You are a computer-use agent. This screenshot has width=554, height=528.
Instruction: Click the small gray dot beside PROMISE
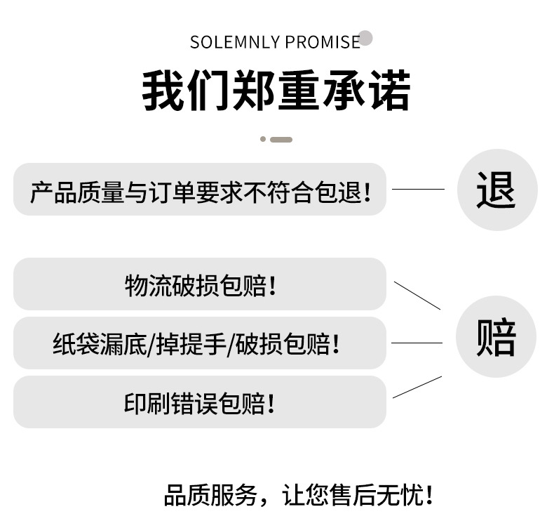(x=365, y=39)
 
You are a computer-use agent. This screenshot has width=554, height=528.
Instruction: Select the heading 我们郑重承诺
(x=276, y=91)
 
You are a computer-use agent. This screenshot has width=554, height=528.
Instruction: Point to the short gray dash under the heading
(x=281, y=140)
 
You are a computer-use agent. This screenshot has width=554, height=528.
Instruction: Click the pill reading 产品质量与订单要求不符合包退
(x=200, y=190)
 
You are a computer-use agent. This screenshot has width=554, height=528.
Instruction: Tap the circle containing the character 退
(x=496, y=190)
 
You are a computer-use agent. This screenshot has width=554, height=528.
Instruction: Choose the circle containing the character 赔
(x=496, y=337)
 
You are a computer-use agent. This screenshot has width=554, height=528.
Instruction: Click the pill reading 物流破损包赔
(x=200, y=284)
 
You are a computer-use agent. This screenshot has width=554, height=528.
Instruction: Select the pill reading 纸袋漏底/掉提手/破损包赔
(x=200, y=343)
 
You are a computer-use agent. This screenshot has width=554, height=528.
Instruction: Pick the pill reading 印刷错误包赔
(x=200, y=402)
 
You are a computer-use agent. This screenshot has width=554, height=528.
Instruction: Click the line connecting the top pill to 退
(x=418, y=189)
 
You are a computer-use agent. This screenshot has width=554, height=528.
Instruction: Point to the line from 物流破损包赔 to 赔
(x=417, y=296)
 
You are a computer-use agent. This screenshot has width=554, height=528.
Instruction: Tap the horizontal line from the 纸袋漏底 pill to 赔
(x=417, y=343)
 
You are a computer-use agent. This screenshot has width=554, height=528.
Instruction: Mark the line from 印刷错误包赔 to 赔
(x=417, y=387)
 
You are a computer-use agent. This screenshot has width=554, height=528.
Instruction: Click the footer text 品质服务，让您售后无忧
(x=298, y=496)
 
